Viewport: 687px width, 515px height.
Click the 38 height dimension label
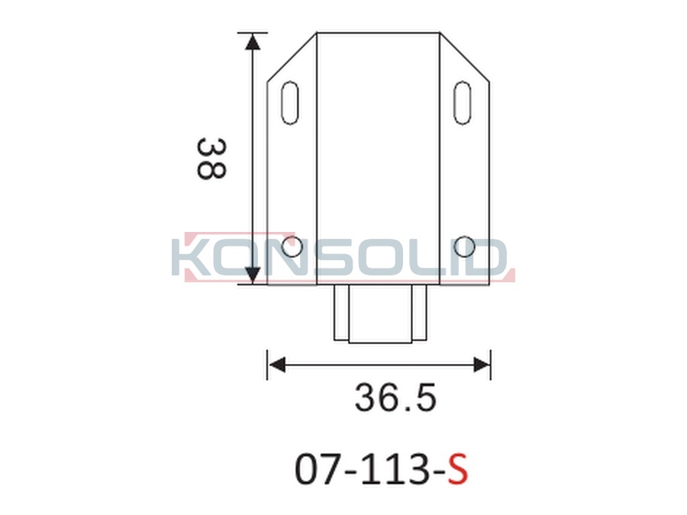point(211,159)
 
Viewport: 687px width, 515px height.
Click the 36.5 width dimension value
point(395,398)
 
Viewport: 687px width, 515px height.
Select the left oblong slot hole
point(291,102)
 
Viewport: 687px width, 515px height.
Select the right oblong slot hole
point(463,102)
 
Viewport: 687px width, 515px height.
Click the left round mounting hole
point(292,247)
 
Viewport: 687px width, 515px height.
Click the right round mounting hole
point(464,247)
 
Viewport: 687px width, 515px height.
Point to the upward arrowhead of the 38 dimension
point(253,41)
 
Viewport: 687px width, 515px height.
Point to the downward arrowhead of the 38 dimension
point(253,275)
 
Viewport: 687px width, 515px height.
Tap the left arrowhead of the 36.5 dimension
point(277,365)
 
